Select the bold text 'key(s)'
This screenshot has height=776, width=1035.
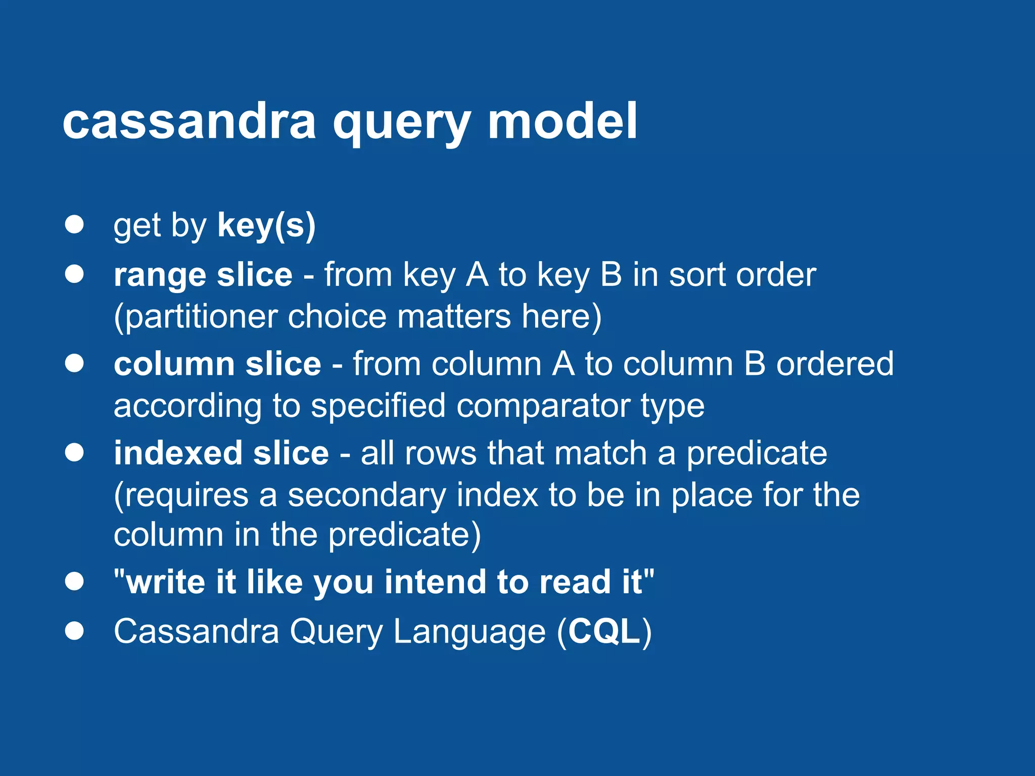tap(266, 225)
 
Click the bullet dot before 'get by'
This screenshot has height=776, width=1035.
tap(74, 224)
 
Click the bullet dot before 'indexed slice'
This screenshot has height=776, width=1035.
tap(74, 452)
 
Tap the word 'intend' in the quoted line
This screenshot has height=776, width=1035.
tap(435, 582)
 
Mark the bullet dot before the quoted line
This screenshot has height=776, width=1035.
tap(74, 581)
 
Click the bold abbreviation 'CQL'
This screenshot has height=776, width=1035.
tap(604, 632)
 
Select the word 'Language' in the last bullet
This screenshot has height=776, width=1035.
tap(469, 632)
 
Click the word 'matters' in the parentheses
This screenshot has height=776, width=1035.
tap(454, 317)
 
